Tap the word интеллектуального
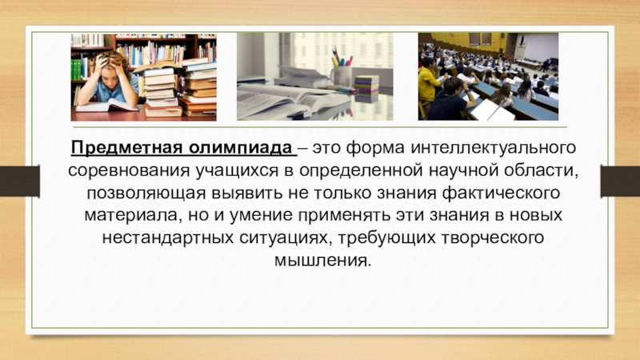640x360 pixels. click(x=497, y=149)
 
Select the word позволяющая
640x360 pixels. click(x=139, y=194)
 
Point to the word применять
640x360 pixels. click(x=343, y=216)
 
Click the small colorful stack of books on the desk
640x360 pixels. click(x=366, y=88)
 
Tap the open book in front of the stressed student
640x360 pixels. click(x=104, y=106)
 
